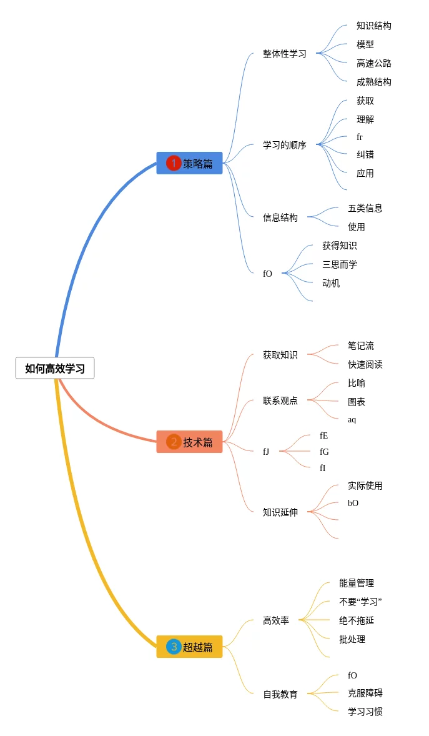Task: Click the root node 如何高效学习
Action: click(55, 369)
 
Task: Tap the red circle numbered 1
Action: click(174, 163)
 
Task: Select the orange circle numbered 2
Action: click(174, 442)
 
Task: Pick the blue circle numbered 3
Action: click(174, 647)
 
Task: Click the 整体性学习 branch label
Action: click(284, 54)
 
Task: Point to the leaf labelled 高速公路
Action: click(373, 63)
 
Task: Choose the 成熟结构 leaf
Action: click(373, 82)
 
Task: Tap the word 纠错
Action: click(365, 154)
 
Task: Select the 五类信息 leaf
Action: click(365, 208)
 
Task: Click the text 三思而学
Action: click(339, 264)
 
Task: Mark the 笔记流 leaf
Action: click(360, 346)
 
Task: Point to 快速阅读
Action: click(365, 364)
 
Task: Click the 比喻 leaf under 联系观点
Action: click(356, 383)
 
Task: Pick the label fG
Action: click(323, 452)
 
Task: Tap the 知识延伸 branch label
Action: click(280, 512)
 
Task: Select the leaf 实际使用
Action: click(365, 485)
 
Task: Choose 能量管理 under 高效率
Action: click(356, 583)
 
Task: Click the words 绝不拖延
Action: click(356, 620)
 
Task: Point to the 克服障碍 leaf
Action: click(365, 693)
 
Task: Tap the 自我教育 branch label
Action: click(280, 694)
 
